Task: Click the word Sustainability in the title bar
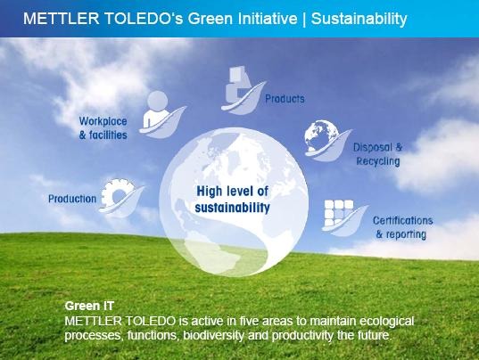359,19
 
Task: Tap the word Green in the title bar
211,19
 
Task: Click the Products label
285,99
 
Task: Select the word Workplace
103,121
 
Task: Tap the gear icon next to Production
117,193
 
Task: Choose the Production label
72,199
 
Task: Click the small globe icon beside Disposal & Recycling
321,136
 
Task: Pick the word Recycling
378,161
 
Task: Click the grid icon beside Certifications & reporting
338,213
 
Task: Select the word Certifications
402,220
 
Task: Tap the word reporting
406,234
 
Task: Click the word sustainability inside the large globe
232,208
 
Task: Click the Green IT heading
89,306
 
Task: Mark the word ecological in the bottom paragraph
386,322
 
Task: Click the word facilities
108,135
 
